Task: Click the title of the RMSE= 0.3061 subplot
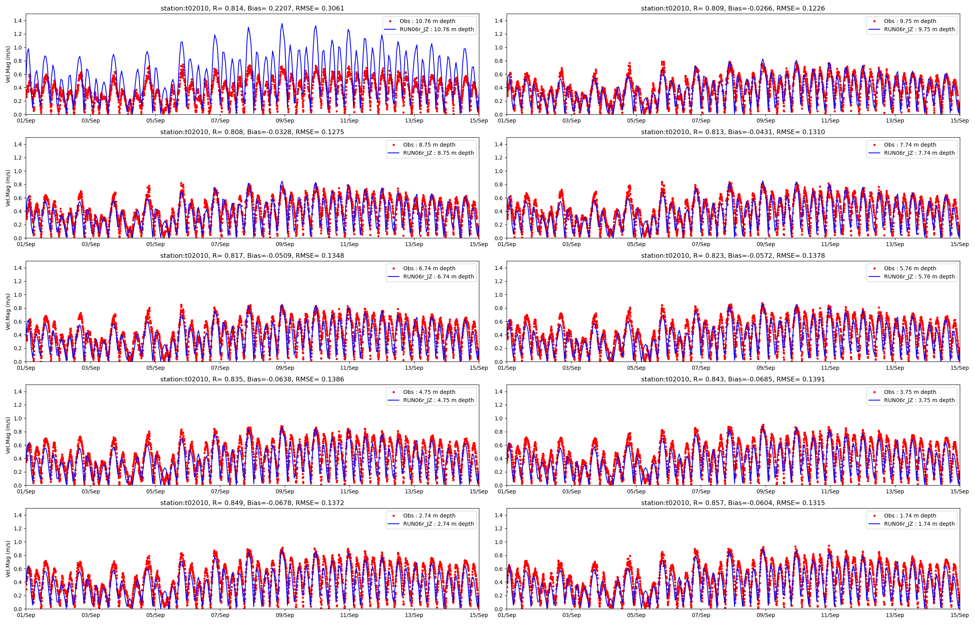[252, 8]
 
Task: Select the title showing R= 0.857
[733, 503]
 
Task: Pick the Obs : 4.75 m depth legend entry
[429, 392]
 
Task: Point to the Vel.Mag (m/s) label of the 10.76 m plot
[8, 64]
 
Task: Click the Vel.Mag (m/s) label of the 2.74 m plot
[8, 559]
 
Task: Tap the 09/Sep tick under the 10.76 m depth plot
[285, 121]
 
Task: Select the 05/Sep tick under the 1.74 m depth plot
[636, 615]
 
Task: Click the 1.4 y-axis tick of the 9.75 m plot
[499, 21]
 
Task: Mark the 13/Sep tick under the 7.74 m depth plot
[895, 244]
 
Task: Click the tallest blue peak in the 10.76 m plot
[282, 23]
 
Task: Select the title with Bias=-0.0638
[252, 379]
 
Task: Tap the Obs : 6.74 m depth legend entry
[429, 268]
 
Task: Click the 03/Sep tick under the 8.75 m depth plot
[90, 244]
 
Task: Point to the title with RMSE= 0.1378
[733, 256]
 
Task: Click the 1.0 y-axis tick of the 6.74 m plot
[18, 294]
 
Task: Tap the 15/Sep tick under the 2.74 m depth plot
[479, 615]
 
